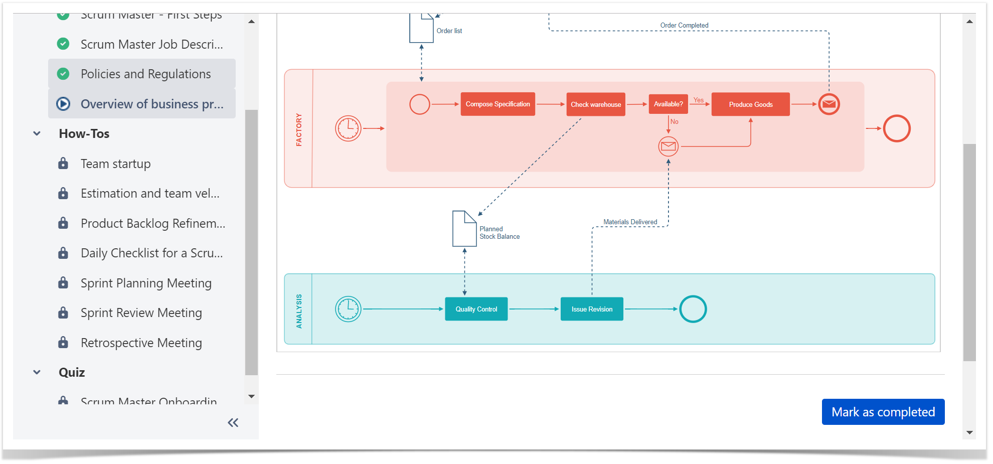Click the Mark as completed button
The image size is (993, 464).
tap(883, 412)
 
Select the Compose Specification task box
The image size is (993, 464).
tap(498, 104)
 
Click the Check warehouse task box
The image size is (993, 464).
tap(595, 104)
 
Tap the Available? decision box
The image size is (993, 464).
tap(668, 104)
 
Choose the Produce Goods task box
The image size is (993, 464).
tap(750, 104)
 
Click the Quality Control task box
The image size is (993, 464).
tap(476, 309)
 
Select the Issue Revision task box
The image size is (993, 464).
tap(592, 309)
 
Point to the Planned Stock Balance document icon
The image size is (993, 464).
tap(464, 229)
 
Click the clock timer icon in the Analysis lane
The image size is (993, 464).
tap(348, 309)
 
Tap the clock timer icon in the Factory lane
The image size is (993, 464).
tap(348, 128)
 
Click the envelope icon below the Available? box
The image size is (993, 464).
tap(668, 146)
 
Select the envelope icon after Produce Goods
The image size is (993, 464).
tap(829, 104)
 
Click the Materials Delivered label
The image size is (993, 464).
tap(630, 222)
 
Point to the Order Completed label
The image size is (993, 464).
tap(684, 25)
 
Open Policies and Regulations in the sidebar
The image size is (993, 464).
tap(145, 74)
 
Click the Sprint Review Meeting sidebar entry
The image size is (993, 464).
tap(141, 313)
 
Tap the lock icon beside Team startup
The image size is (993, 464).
tap(63, 164)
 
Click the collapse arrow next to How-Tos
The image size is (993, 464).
tap(37, 133)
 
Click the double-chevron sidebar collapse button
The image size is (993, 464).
tap(233, 423)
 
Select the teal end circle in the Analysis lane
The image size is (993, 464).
tap(693, 309)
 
